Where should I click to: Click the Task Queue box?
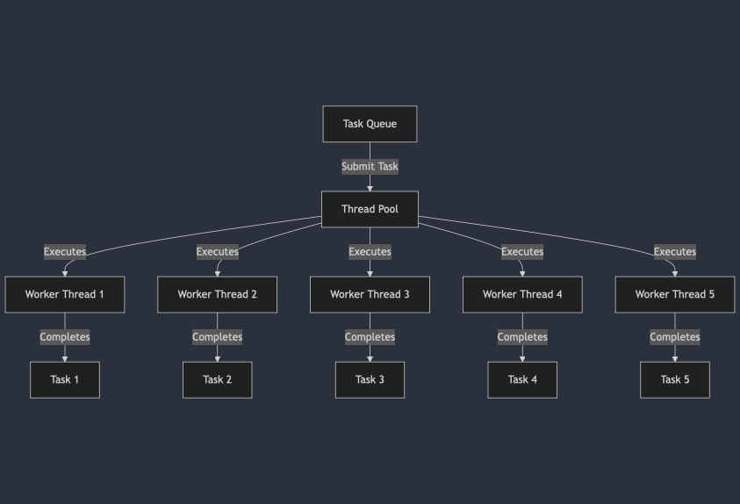[x=370, y=124]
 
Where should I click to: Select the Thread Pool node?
[x=370, y=209]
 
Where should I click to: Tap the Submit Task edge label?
[x=370, y=166]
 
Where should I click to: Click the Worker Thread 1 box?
[x=65, y=294]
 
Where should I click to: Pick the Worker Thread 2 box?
[x=217, y=294]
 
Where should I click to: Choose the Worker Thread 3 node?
[x=370, y=294]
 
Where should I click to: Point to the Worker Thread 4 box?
[x=522, y=294]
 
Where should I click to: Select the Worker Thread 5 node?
[x=674, y=294]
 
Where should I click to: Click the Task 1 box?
[x=65, y=379]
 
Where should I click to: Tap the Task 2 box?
[x=217, y=379]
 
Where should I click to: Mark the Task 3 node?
[x=370, y=379]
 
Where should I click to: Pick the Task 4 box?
[x=522, y=379]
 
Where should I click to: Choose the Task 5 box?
[x=674, y=379]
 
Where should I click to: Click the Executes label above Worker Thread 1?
[x=65, y=252]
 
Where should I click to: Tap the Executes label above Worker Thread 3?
[x=370, y=252]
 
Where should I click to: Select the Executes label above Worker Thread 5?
[x=674, y=252]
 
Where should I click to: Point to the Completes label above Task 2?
[x=217, y=337]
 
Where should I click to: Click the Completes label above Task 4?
[x=522, y=337]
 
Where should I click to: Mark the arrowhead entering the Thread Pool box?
[x=370, y=187]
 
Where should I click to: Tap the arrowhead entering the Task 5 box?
[x=674, y=358]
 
